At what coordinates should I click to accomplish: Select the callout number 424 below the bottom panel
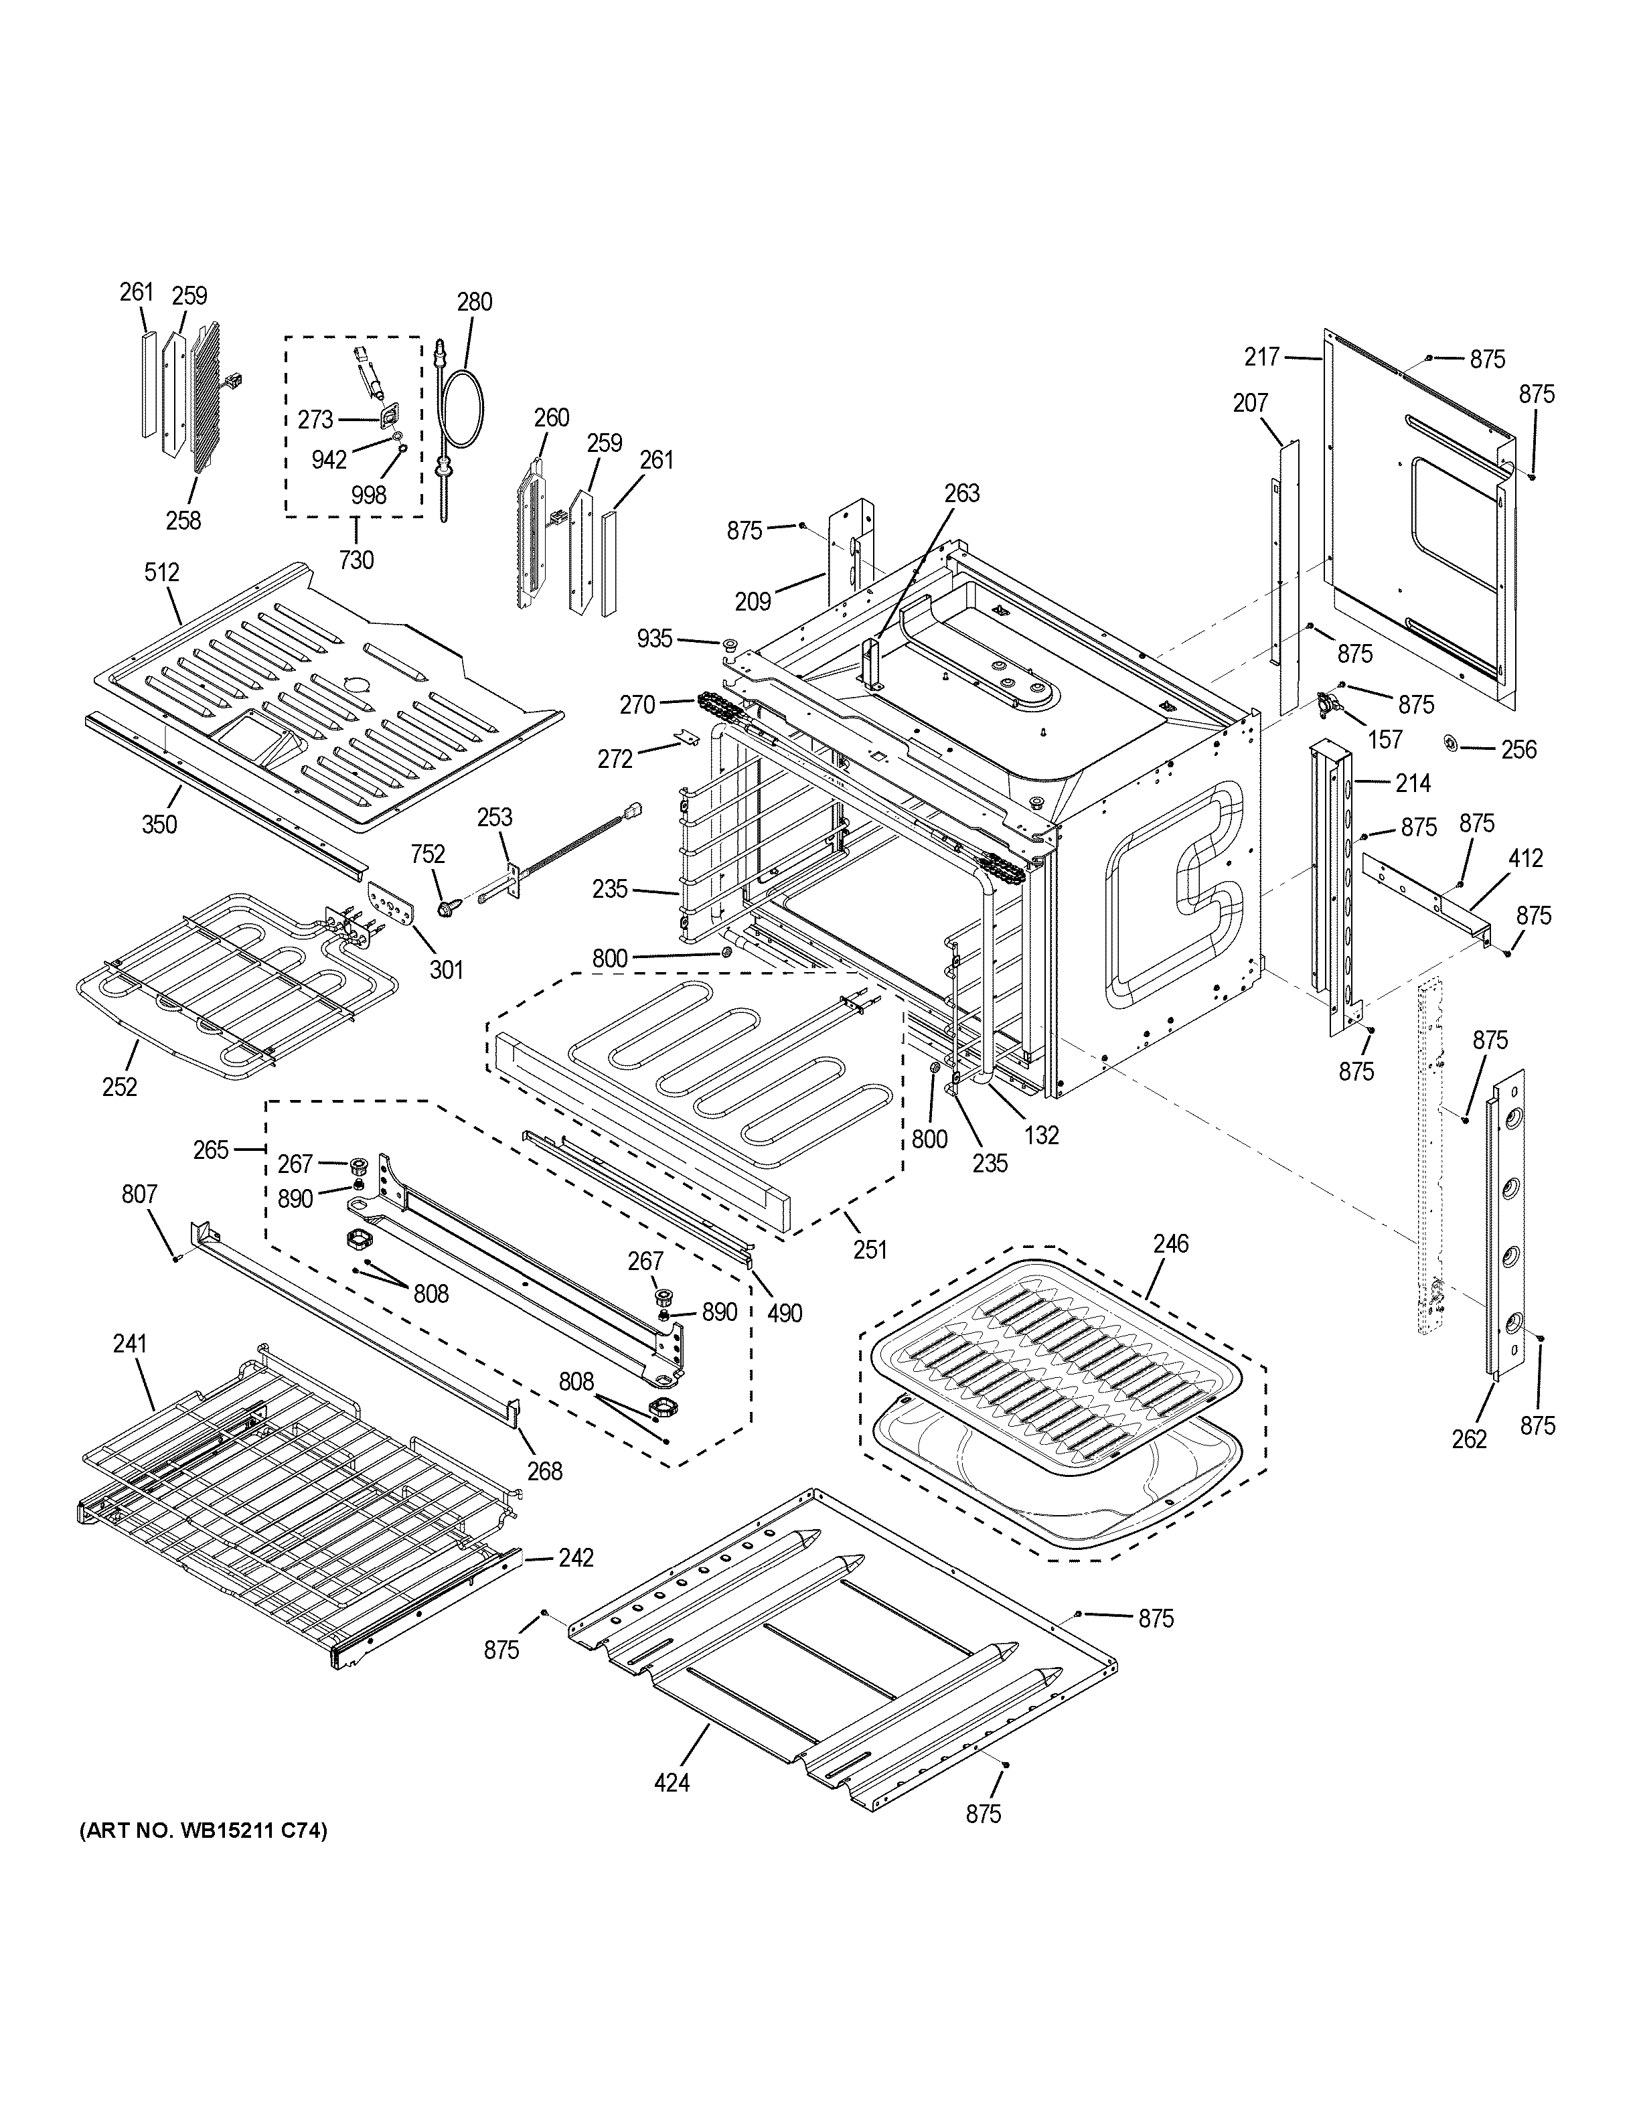672,1782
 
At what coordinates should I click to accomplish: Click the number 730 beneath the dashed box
356,560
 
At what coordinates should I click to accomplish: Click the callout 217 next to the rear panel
1262,358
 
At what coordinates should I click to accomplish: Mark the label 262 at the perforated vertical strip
1469,1439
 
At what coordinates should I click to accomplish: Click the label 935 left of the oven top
655,638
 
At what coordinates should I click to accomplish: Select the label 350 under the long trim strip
159,825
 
